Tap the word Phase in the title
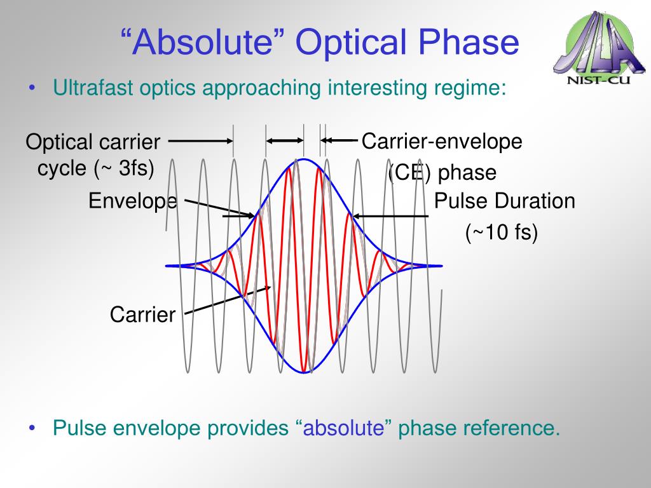468,42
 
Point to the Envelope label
133,201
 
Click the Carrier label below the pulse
143,314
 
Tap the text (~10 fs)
502,232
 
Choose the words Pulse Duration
504,201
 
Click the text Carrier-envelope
442,141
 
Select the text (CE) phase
442,172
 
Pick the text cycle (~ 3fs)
96,168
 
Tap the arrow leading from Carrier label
228,300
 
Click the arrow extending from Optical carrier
200,141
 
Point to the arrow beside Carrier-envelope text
339,140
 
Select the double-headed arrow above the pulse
285,141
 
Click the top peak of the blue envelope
304,159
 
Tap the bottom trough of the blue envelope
304,372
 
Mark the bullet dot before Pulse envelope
32,428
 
